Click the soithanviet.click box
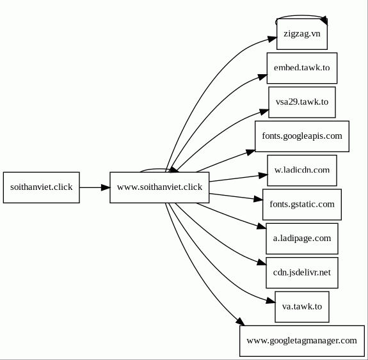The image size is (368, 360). [x=42, y=187]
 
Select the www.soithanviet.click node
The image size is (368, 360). [x=159, y=187]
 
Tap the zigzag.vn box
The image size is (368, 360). [x=302, y=34]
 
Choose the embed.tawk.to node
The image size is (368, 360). [x=302, y=68]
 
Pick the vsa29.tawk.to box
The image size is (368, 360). [x=302, y=102]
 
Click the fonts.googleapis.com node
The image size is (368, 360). [x=302, y=136]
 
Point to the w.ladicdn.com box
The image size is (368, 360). [x=302, y=170]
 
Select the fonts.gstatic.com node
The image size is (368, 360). [x=302, y=205]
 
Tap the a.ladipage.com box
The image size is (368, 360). [x=302, y=239]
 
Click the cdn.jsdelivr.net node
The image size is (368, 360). [x=302, y=272]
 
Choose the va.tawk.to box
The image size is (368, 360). [x=302, y=307]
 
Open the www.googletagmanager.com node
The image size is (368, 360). [x=302, y=341]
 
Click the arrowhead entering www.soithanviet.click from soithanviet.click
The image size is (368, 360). [x=106, y=187]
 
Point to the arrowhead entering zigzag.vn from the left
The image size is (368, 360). [x=272, y=39]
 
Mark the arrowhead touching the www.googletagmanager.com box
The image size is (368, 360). [x=240, y=321]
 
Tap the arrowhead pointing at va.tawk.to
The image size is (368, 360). [x=271, y=301]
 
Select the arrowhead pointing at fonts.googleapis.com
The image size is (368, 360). [x=250, y=152]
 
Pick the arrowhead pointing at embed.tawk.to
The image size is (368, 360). [x=262, y=77]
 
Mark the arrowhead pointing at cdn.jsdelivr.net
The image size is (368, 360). [x=262, y=262]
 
